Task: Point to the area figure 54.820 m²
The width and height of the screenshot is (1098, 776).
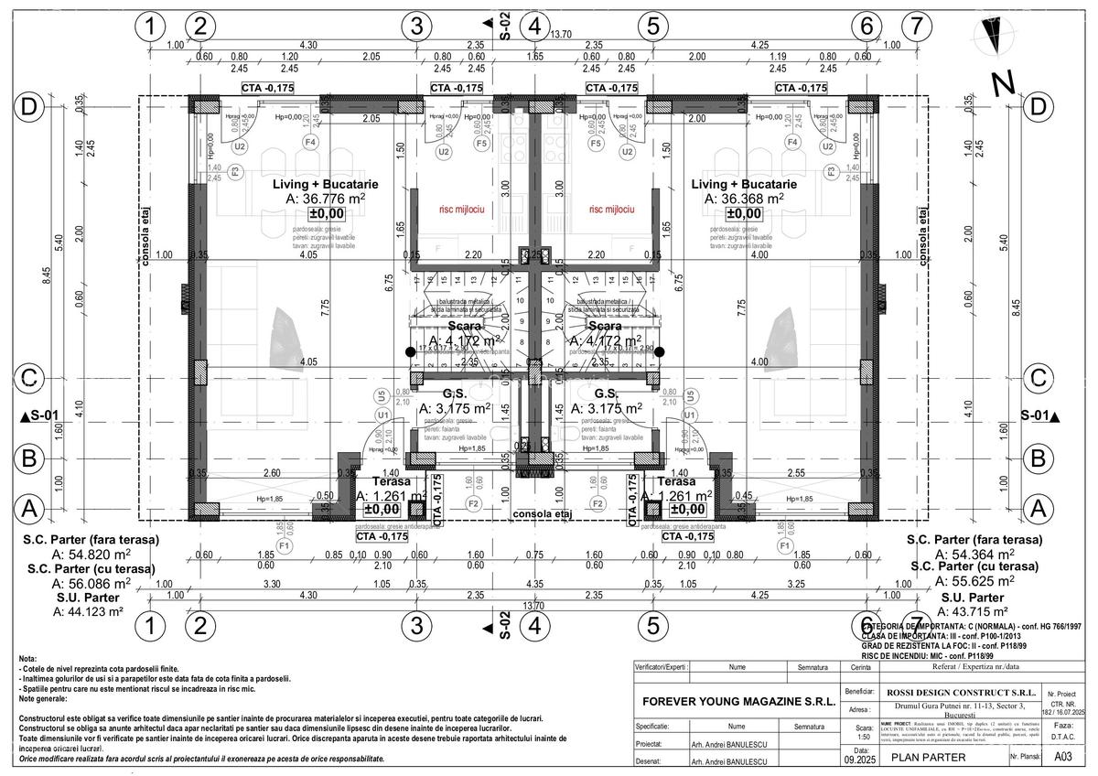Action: pos(91,555)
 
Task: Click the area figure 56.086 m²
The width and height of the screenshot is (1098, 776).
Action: pos(91,583)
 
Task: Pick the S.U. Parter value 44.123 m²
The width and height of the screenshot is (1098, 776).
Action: pos(91,611)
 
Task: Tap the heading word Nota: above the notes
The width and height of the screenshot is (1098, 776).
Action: pos(27,659)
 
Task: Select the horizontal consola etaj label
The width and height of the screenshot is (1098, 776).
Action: pos(542,514)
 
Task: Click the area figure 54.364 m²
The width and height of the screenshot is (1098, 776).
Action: pos(974,555)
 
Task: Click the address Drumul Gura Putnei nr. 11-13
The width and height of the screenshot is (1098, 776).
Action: pos(952,708)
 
